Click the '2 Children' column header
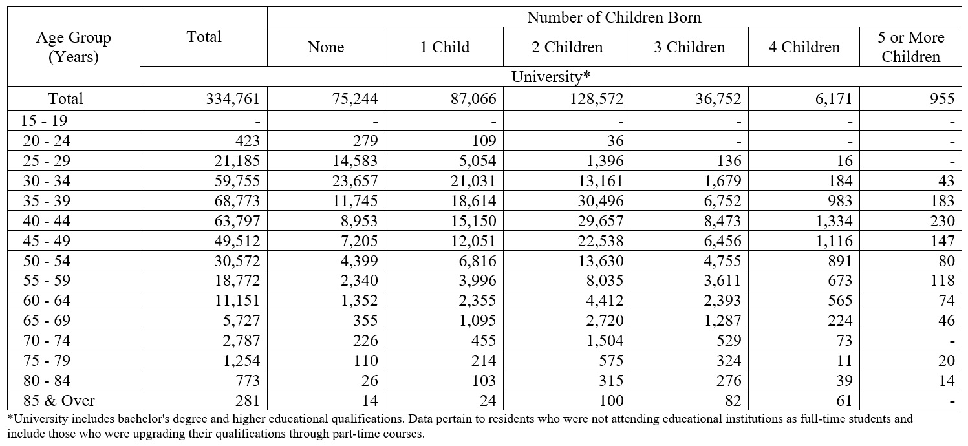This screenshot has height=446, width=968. coord(567,47)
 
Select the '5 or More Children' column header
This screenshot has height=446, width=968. coord(911,47)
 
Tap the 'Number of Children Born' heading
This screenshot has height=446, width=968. coord(614,17)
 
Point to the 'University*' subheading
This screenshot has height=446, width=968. coord(550,76)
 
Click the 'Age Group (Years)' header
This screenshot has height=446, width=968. coord(74,47)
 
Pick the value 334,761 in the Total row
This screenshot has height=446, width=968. coord(233,99)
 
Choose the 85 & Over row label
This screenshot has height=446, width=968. coord(59,401)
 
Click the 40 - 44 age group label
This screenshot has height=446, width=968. coord(47,221)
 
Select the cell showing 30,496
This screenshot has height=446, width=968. coord(600,201)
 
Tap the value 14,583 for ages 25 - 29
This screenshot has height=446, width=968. coord(355,161)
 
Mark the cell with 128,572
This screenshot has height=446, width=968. coord(597,99)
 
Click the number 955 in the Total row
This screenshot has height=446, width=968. coord(942,99)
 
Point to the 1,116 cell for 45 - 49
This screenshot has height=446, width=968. coord(834,240)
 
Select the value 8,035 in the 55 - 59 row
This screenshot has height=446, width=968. coord(605,281)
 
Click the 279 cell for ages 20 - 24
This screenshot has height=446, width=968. coord(365,141)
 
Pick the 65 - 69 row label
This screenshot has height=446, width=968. coord(47,321)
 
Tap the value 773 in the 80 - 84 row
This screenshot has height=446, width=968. coord(248,381)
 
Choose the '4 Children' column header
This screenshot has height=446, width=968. coord(804,47)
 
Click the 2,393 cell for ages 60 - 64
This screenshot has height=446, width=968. coord(722,301)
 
